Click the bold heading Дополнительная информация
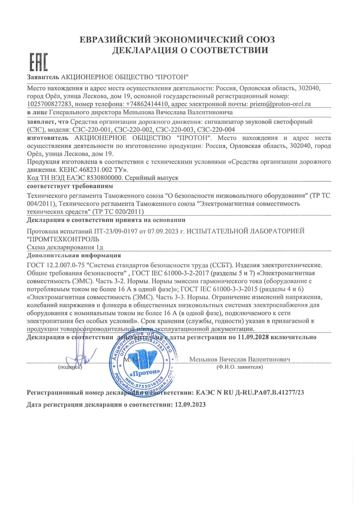click(x=73, y=255)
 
